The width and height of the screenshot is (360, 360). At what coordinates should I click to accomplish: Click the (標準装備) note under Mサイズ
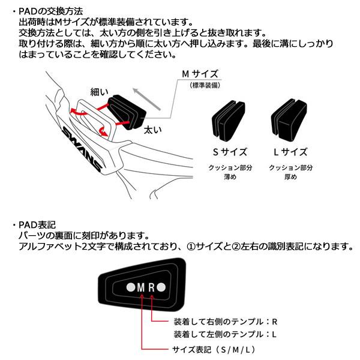206,85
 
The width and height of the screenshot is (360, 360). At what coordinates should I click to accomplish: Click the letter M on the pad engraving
142,287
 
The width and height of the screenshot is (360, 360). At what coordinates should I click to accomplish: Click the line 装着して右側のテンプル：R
224,321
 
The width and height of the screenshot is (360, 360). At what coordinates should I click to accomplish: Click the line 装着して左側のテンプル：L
224,334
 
